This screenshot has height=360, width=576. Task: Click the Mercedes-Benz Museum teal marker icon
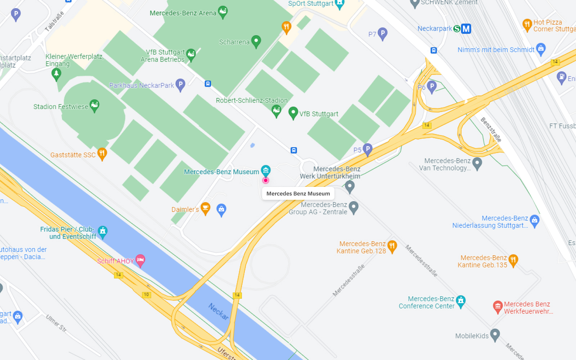266,170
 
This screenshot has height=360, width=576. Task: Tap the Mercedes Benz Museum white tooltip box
298,194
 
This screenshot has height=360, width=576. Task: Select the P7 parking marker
382,33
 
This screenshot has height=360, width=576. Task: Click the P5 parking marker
367,149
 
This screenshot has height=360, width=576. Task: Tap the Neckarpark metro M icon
466,28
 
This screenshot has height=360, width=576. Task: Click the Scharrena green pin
256,41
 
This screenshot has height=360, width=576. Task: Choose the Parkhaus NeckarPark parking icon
180,85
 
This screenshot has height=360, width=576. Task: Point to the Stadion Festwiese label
60,107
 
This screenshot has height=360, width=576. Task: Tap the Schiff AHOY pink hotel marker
140,260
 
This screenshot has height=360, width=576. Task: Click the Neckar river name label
219,311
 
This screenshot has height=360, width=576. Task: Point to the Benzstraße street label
491,130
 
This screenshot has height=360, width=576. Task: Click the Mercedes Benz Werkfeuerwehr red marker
498,306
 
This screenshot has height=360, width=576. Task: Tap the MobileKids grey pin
495,334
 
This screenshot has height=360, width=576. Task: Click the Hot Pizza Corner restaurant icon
527,24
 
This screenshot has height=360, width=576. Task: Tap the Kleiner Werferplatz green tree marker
56,74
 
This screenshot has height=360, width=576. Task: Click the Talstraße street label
54,21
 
